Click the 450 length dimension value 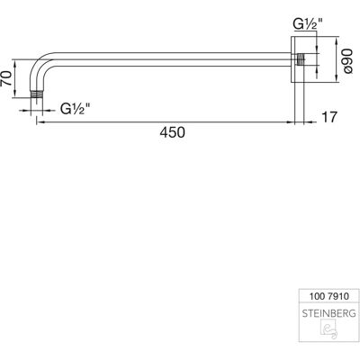(172, 132)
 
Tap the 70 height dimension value (7, 78)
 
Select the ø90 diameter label (347, 61)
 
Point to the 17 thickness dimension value (329, 117)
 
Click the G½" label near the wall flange (308, 24)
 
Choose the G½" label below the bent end (76, 108)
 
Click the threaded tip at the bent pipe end (37, 94)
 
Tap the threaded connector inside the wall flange (301, 59)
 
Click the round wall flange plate (298, 59)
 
